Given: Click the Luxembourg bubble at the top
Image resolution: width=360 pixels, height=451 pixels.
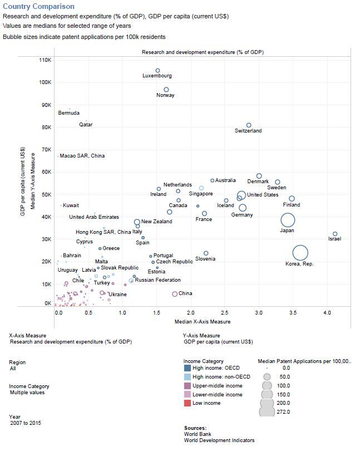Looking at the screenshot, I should tap(157, 71).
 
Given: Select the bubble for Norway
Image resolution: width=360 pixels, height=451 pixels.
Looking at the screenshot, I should tap(166, 90).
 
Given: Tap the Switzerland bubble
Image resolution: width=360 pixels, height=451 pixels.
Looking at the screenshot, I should tap(249, 125).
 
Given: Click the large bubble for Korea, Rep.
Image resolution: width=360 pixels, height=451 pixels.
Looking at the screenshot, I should tap(300, 253).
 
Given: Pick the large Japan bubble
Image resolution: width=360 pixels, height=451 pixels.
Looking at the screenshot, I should tap(288, 220).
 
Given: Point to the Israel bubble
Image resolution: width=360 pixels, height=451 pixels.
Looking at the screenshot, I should tap(335, 234).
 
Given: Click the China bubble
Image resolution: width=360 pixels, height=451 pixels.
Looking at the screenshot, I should tap(175, 293).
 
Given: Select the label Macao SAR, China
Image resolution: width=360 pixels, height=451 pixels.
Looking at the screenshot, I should tap(82, 156).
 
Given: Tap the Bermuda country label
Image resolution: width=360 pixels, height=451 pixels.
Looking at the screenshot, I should tap(68, 113).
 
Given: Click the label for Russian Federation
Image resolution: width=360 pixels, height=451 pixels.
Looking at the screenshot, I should tap(158, 280).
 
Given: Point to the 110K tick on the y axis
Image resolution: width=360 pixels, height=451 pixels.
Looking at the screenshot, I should tap(44, 60).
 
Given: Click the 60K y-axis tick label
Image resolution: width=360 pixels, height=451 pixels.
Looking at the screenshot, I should tap(45, 171).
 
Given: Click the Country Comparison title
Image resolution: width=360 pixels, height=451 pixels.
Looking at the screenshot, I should tap(38, 7).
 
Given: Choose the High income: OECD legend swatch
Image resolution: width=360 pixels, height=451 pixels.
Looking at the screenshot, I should tap(188, 369).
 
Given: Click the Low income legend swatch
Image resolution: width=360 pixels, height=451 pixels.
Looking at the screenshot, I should tap(188, 403).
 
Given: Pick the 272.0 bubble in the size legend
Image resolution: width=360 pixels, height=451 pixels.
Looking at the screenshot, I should tap(267, 411).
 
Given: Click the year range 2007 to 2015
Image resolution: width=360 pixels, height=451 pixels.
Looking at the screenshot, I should tap(26, 423).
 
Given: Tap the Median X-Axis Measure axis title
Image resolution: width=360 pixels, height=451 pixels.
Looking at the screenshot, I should tap(202, 322).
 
